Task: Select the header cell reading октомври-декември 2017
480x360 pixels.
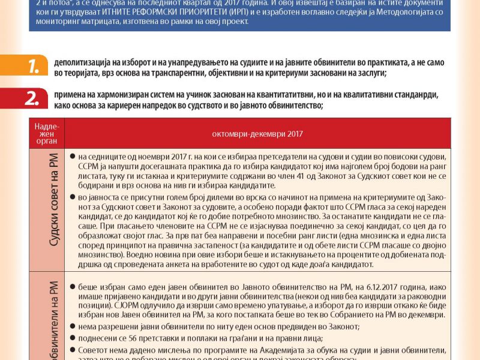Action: (x=257, y=133)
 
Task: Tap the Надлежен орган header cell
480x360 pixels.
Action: (x=47, y=133)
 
